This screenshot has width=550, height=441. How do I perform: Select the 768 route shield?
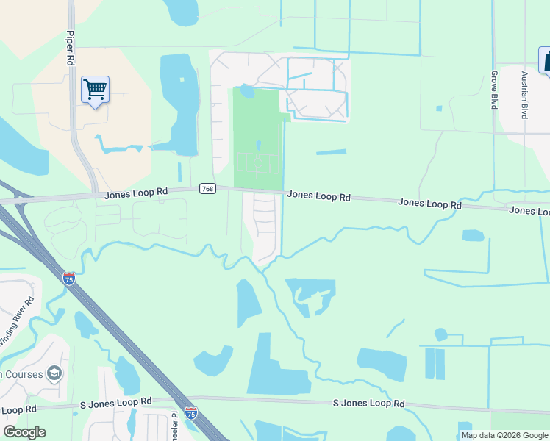tap(207, 190)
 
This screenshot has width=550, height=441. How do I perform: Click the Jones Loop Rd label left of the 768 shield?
tap(136, 193)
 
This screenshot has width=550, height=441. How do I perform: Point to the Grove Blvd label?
tap(494, 90)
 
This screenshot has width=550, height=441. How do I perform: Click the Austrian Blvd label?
tap(524, 95)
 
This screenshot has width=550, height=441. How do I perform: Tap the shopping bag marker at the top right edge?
tap(546, 61)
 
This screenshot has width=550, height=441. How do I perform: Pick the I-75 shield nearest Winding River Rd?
tap(69, 279)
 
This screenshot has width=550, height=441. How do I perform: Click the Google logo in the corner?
tap(24, 431)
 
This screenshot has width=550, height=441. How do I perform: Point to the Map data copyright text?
tap(504, 436)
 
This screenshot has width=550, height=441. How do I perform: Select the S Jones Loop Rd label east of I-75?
tap(368, 404)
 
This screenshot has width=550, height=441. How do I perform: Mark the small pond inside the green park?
tap(247, 91)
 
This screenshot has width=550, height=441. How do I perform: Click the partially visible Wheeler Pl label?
tap(175, 425)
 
